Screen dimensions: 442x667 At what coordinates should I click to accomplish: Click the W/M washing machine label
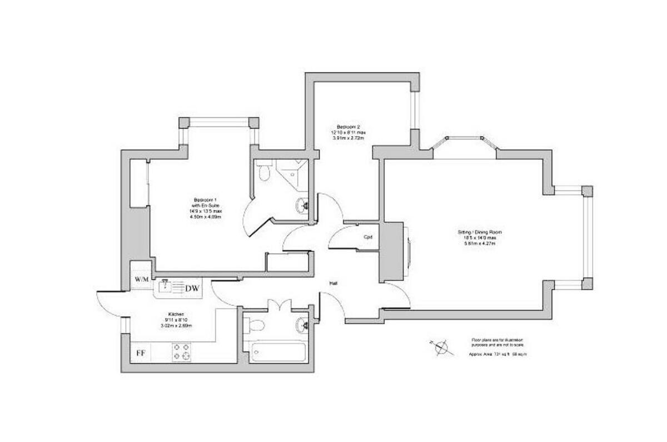tap(141, 279)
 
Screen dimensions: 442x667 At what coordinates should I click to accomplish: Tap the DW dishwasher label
tap(193, 288)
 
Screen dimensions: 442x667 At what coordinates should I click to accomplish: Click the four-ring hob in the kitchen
tap(181, 352)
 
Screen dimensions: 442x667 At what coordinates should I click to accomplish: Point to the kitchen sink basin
tap(166, 287)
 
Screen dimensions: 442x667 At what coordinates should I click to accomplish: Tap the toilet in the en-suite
tap(264, 172)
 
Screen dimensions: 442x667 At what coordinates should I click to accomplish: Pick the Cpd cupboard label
tap(367, 237)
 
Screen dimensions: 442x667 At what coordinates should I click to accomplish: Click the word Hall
tap(333, 284)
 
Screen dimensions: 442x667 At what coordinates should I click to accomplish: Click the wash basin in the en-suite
tap(302, 203)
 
